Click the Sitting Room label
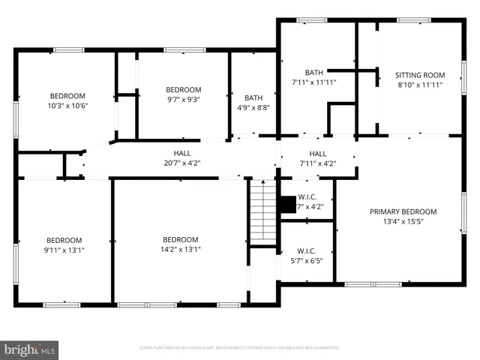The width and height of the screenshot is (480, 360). [420, 75]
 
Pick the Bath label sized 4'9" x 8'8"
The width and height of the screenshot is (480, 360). [253, 97]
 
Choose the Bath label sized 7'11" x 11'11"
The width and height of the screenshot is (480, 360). [314, 73]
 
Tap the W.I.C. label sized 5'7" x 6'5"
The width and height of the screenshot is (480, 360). [307, 251]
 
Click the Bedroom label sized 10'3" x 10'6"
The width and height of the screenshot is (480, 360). [67, 95]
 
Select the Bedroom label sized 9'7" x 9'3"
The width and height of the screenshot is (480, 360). [183, 89]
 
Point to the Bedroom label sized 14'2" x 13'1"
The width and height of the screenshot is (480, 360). [181, 239]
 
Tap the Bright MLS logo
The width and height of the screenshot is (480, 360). [30, 349]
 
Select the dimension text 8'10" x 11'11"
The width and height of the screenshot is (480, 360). [420, 85]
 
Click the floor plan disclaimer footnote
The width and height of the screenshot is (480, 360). [240, 348]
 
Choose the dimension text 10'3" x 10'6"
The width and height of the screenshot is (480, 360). [67, 105]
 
